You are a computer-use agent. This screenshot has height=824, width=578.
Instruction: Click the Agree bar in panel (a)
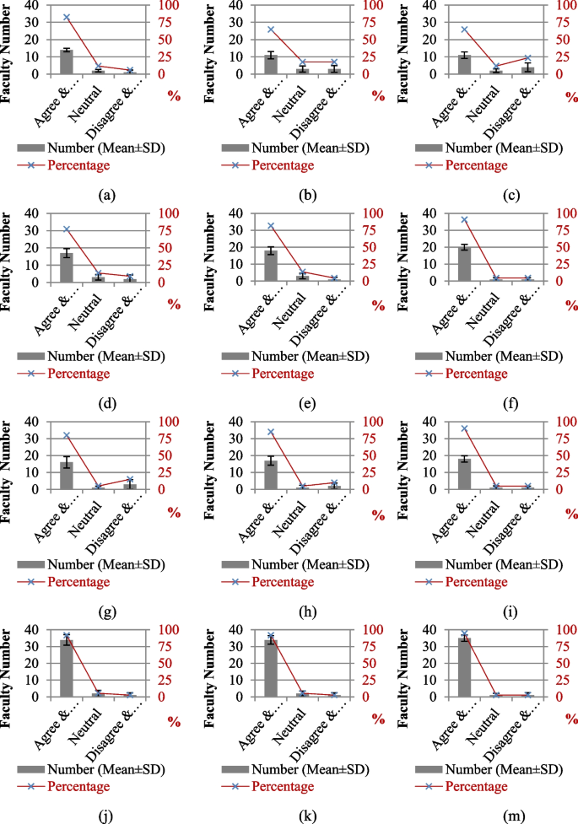pyautogui.click(x=66, y=62)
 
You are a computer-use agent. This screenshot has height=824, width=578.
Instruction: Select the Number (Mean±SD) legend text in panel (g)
pyautogui.click(x=106, y=564)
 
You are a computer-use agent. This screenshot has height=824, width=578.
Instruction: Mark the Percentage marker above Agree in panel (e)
pyautogui.click(x=271, y=226)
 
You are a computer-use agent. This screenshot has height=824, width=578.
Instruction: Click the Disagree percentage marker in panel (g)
pyautogui.click(x=129, y=479)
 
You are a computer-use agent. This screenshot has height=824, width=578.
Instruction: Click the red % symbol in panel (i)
pyautogui.click(x=572, y=513)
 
